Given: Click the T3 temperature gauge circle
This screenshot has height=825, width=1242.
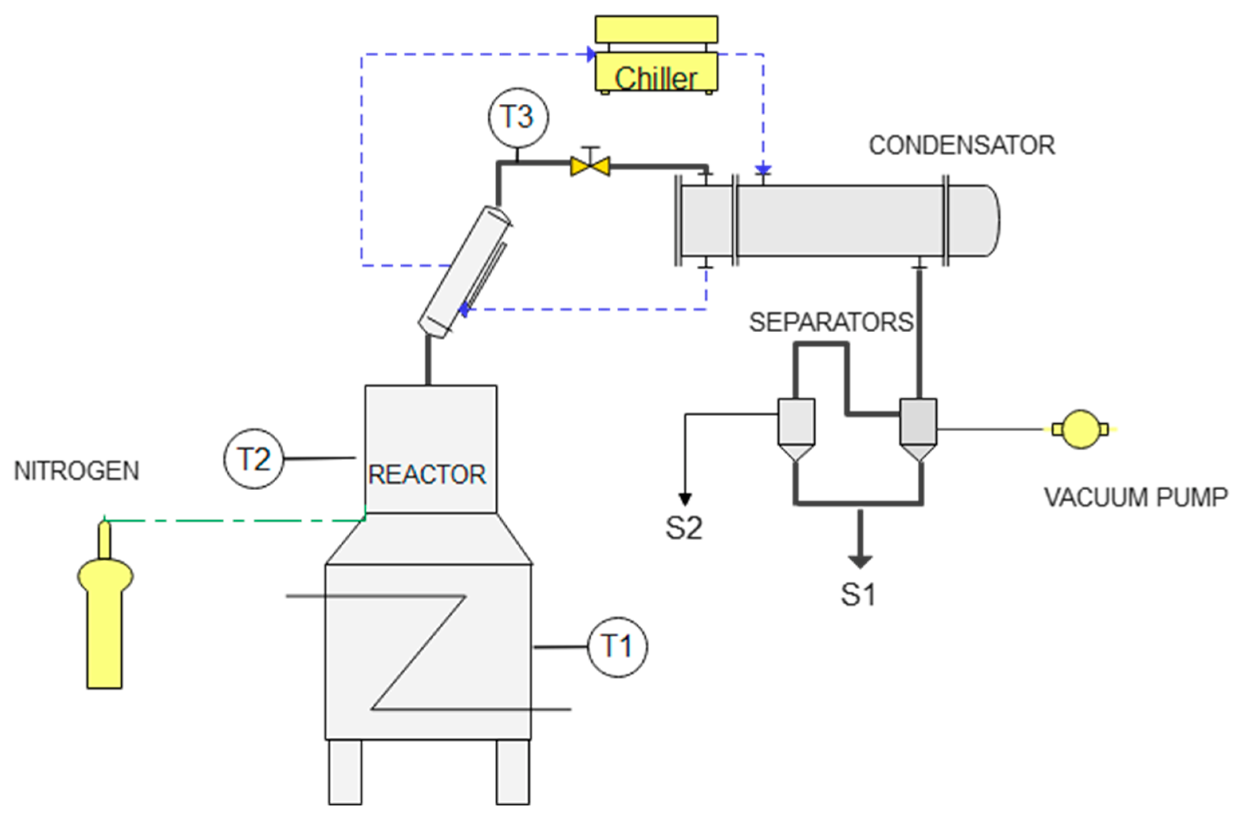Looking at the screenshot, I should [x=517, y=117].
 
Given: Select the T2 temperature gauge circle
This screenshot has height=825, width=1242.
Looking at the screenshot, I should [x=254, y=459].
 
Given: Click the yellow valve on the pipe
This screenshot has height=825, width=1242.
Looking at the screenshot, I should [x=590, y=167].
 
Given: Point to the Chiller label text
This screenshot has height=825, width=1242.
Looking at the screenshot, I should [x=656, y=79].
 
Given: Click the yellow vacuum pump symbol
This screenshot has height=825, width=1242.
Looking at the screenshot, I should [x=1080, y=429].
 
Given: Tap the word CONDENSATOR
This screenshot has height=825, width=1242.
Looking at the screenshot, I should [x=962, y=146].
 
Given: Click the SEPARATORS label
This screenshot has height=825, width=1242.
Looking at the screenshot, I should [x=831, y=322].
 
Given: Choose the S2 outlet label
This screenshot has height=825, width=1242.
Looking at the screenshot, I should [x=684, y=528].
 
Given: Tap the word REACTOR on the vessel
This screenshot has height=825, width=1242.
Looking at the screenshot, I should [x=427, y=475].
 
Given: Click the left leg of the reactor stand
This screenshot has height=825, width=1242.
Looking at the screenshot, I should [x=345, y=772].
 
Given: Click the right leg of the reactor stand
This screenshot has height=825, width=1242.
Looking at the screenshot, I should [x=512, y=772].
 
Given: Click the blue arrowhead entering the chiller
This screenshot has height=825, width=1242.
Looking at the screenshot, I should [x=591, y=54].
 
